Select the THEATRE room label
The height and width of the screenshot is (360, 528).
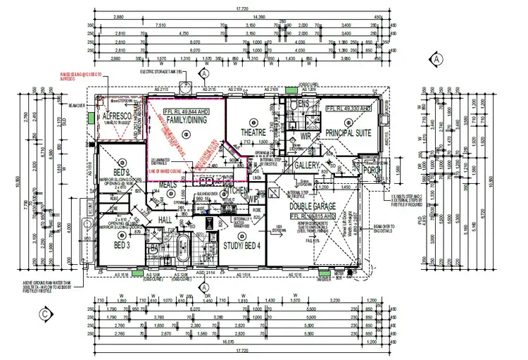[255, 131]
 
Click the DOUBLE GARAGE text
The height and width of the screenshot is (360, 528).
[313, 206]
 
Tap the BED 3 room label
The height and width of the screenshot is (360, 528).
[117, 244]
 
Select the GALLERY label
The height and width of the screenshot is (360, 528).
[308, 164]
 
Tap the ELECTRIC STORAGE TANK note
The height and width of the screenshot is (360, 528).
[161, 72]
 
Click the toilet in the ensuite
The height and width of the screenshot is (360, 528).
[294, 106]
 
